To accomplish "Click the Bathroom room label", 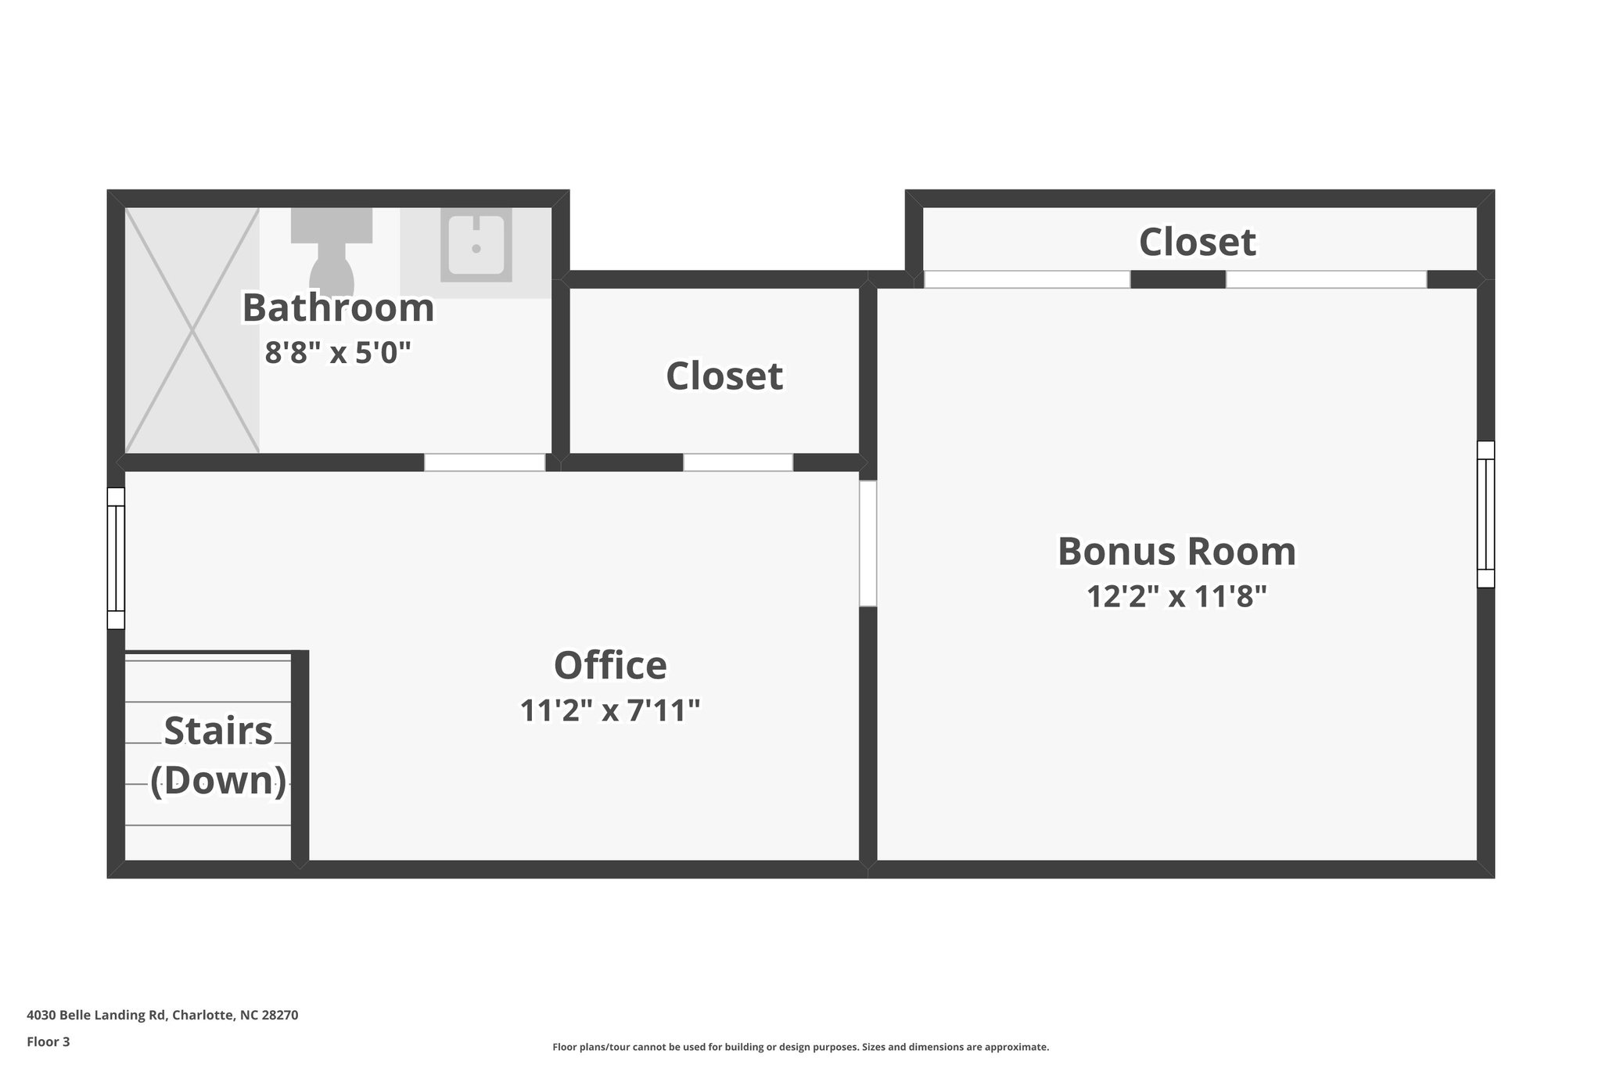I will click(x=338, y=307).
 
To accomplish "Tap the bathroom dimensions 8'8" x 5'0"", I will click(x=338, y=353).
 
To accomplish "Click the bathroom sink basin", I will click(x=476, y=245).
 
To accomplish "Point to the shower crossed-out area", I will click(x=192, y=330).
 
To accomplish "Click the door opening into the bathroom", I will click(x=484, y=462).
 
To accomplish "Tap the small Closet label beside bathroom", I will click(x=724, y=376).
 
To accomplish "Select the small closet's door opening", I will click(x=738, y=462).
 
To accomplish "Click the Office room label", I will click(x=610, y=666).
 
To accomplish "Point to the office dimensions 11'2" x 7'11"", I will click(x=610, y=710).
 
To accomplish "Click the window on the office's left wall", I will click(x=116, y=558).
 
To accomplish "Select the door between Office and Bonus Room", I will click(x=867, y=543).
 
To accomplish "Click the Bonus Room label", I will click(x=1176, y=552).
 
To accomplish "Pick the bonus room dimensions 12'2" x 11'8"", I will click(x=1176, y=597).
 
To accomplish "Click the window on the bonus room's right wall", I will click(x=1485, y=514).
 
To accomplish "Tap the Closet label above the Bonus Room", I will click(x=1197, y=242).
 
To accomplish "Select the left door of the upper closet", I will click(x=1026, y=279).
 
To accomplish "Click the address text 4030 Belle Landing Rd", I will click(x=162, y=1015).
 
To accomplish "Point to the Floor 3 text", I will click(x=48, y=1041).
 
